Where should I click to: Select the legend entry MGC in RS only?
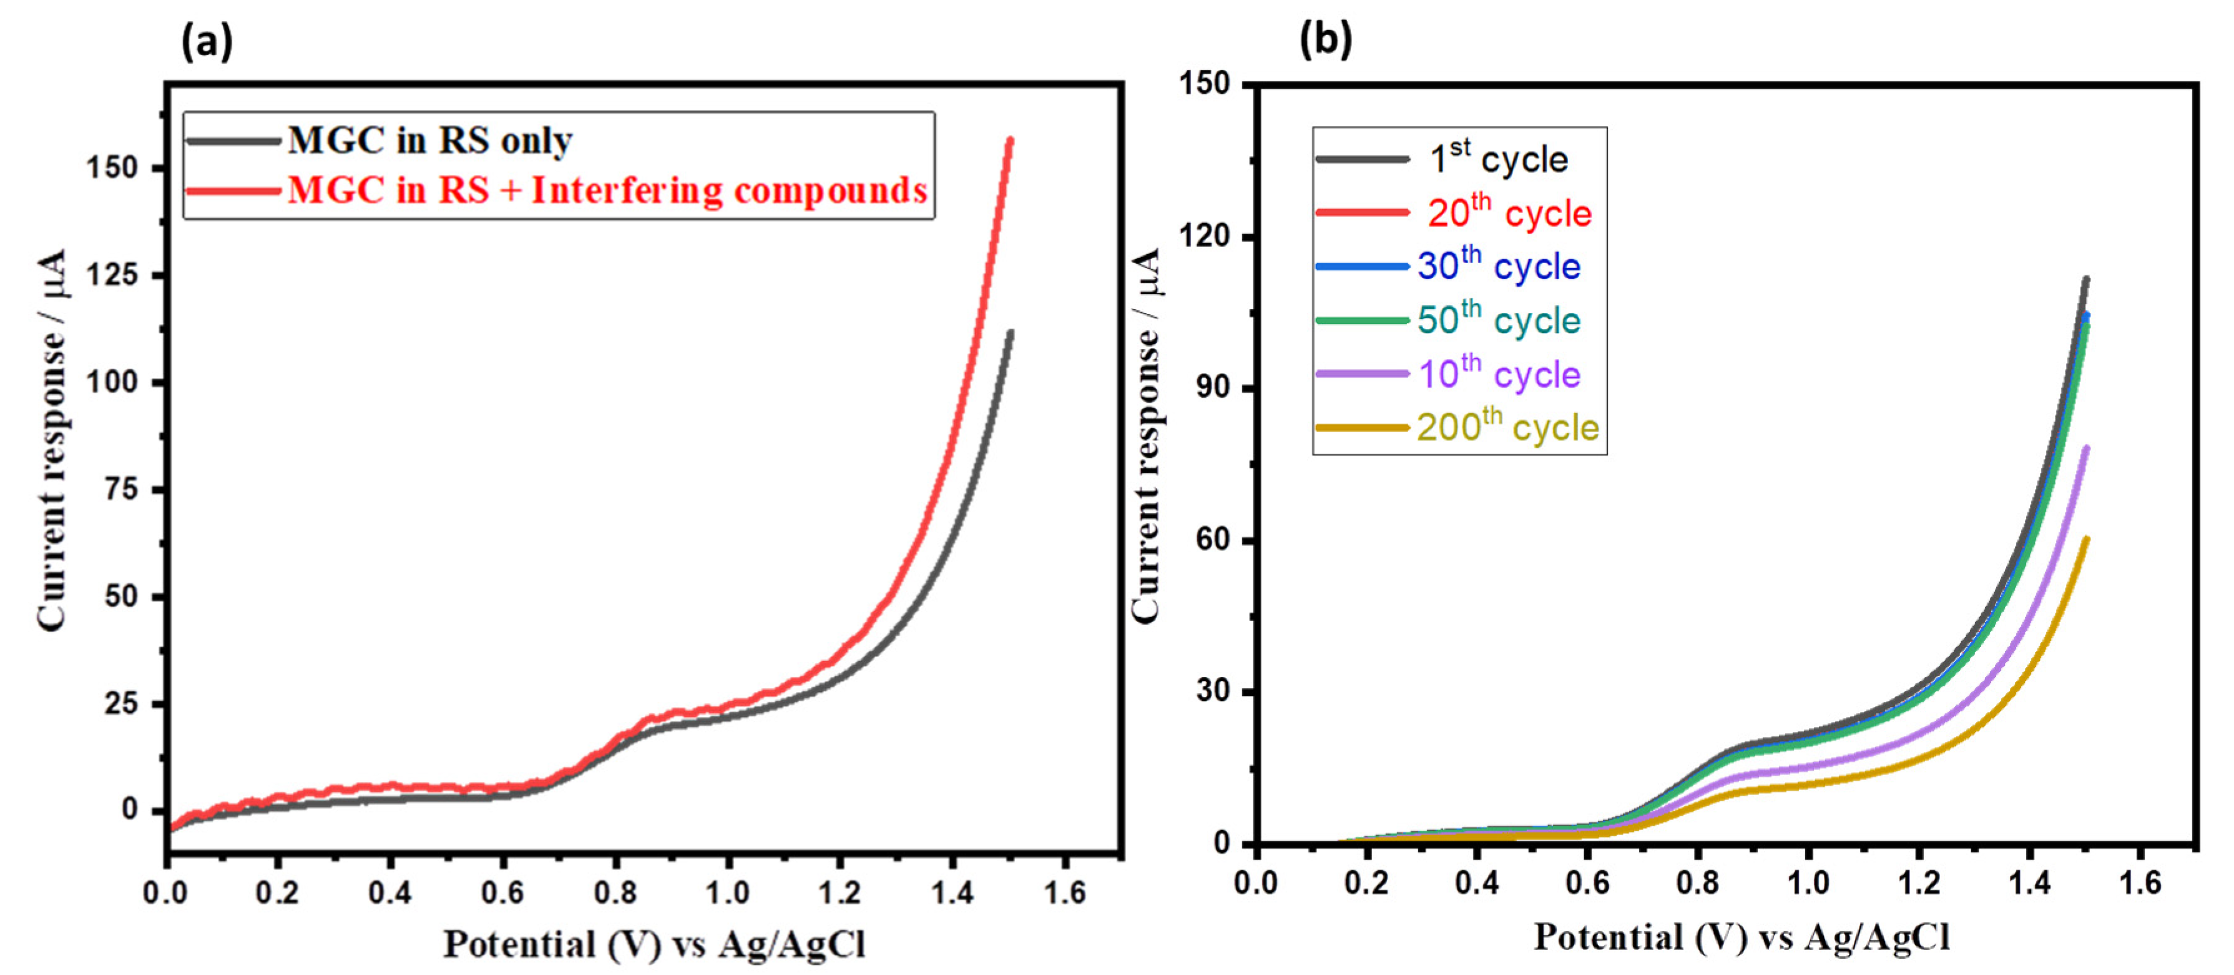tap(429, 141)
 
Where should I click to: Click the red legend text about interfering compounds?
tap(607, 190)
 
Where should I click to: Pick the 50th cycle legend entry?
tap(1499, 320)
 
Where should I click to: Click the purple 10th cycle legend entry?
tap(1499, 374)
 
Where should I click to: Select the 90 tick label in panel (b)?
tap(1213, 388)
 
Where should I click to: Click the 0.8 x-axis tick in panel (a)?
tap(615, 892)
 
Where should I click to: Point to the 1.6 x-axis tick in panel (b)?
tap(2140, 883)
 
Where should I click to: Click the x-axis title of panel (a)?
tap(654, 944)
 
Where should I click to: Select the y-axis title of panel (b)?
tap(1147, 433)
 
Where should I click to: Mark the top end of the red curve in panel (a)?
tap(1009, 140)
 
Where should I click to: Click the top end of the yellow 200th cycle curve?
tap(2085, 540)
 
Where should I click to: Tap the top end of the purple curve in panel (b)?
tap(2085, 448)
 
